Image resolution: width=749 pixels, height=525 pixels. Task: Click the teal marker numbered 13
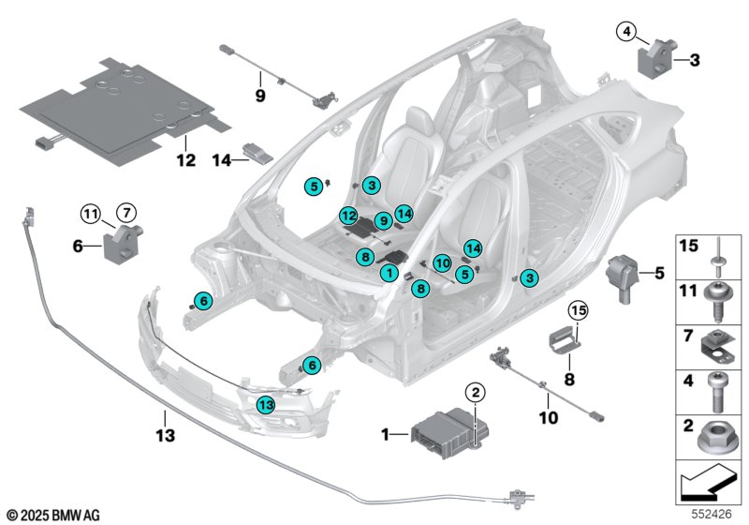tap(267, 404)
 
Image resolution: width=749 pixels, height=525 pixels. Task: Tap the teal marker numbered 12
tap(347, 216)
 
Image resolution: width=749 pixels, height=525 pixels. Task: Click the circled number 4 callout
tap(625, 33)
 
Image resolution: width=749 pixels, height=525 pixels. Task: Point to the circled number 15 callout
tap(577, 309)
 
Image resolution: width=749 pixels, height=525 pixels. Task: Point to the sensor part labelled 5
tap(624, 275)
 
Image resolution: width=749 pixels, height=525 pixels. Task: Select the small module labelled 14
tap(255, 152)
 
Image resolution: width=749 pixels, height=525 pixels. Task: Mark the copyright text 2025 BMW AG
tap(52, 515)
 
